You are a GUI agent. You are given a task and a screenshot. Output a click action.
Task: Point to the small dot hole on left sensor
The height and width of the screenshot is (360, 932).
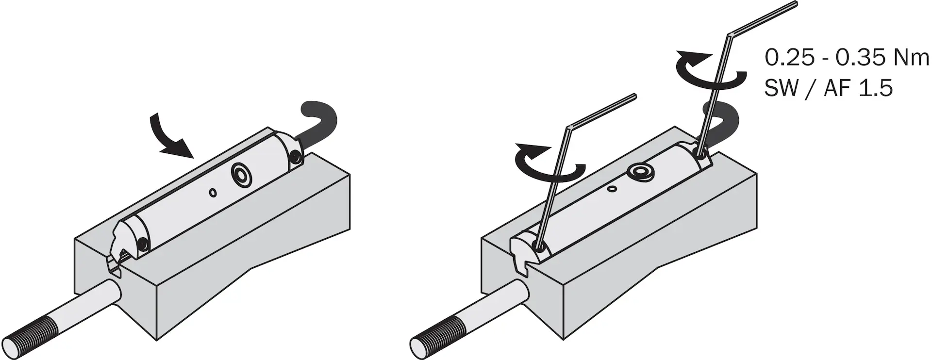[213, 193]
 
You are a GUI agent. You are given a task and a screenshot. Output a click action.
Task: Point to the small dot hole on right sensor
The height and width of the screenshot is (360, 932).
[613, 188]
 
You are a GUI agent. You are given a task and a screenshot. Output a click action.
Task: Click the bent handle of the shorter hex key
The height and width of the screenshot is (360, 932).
[602, 112]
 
